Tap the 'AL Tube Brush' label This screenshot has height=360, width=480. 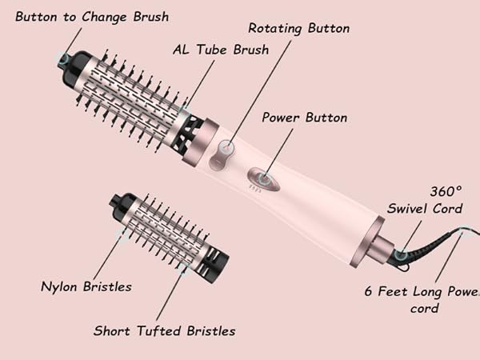pyautogui.click(x=221, y=50)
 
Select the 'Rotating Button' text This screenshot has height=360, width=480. pyautogui.click(x=298, y=28)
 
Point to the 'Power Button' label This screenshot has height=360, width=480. pyautogui.click(x=305, y=118)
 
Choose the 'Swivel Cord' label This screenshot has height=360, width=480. pyautogui.click(x=425, y=209)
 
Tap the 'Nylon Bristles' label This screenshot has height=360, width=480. pyautogui.click(x=86, y=286)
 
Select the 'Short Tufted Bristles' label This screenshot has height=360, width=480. pyautogui.click(x=164, y=330)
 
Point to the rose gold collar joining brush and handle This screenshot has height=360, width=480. pyautogui.click(x=197, y=141)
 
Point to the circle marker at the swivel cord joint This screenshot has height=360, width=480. pyautogui.click(x=400, y=255)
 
